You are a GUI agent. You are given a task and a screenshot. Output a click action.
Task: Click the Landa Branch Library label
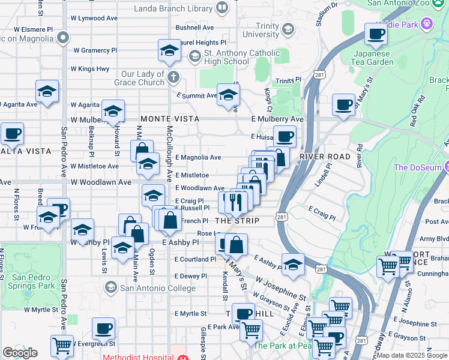(173, 8)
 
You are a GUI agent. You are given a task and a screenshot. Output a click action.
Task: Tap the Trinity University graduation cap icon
(288, 29)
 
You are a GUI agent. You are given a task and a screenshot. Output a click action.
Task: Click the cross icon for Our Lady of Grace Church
(173, 76)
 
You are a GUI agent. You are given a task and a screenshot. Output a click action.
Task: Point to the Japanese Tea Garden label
(387, 57)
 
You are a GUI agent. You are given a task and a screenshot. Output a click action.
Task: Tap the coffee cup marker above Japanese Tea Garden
(376, 35)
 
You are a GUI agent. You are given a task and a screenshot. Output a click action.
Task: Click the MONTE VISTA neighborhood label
(170, 119)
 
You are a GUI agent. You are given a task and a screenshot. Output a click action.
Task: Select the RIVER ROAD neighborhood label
(325, 157)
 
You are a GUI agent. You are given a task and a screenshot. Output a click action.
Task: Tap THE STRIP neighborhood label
(237, 221)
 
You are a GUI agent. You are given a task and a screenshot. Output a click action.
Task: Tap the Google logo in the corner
(20, 353)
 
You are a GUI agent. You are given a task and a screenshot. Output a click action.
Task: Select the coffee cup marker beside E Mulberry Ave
(343, 104)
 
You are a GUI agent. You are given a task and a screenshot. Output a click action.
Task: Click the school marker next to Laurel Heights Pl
(170, 50)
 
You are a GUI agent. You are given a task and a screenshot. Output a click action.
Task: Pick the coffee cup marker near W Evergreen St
(103, 329)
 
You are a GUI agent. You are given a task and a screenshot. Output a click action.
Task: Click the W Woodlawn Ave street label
(101, 182)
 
